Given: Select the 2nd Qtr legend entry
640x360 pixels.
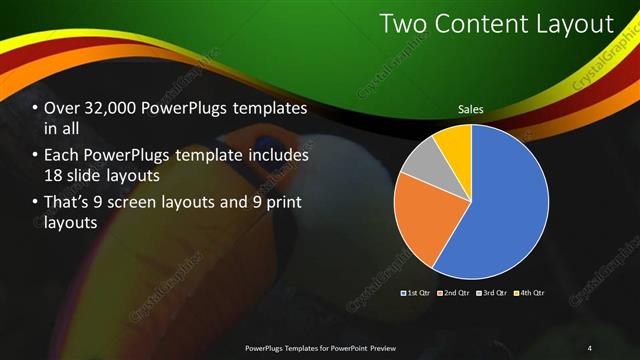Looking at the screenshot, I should coord(452,293).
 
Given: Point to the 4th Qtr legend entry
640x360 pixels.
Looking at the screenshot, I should coord(530,293).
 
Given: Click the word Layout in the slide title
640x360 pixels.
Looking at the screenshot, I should coord(570,23).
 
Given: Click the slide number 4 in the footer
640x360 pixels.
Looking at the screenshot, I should coord(589,347).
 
